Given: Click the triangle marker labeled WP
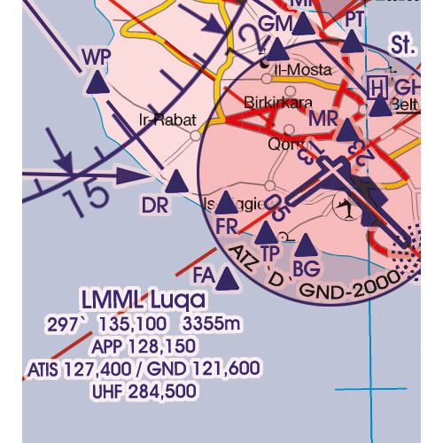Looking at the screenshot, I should [98, 86].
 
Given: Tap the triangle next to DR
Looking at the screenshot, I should [176, 183].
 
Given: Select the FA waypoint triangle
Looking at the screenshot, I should [228, 281].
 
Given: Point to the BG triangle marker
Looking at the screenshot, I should [306, 245].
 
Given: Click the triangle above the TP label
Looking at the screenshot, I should [266, 234].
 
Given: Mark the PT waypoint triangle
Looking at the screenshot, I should [354, 43].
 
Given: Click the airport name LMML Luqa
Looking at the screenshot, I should [142, 299].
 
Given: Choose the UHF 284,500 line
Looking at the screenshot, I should [144, 391].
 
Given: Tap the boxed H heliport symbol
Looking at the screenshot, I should [377, 87].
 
